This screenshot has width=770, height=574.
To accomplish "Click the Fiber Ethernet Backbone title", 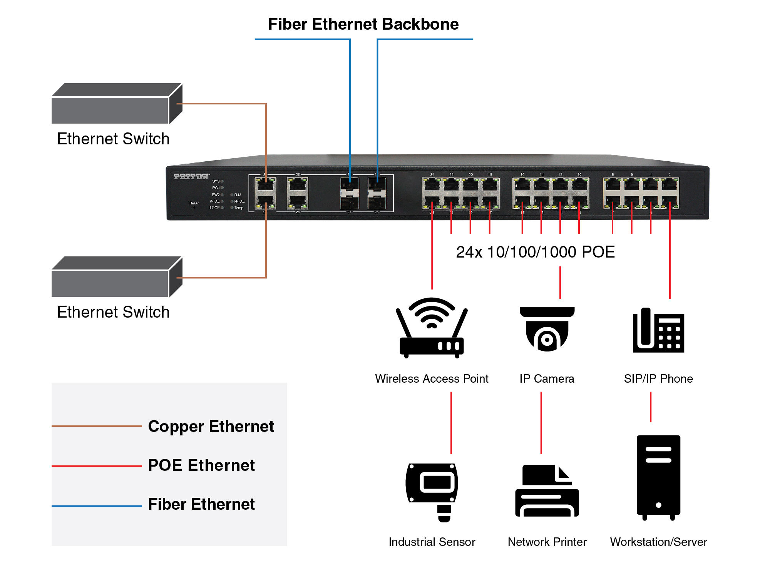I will point(363,24).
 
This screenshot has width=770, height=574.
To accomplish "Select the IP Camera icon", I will point(547,329).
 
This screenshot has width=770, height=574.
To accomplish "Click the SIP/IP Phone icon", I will point(658,330).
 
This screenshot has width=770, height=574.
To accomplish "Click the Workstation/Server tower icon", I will point(658,477).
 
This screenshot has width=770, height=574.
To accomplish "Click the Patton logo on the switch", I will point(191,176).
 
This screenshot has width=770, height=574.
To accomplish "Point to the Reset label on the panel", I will point(194,203).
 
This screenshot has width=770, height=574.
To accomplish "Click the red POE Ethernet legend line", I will point(97,466).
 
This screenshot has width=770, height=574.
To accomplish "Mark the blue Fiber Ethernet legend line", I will point(97,506).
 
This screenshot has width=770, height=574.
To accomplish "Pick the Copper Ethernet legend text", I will point(211,427).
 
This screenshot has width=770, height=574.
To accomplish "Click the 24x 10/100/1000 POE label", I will point(535,252).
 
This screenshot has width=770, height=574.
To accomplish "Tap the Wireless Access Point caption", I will point(432,379).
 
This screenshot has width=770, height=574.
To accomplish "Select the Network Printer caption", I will point(547,542).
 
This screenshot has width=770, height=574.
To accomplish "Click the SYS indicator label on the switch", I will point(216,181).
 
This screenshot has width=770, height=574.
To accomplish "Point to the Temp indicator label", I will point(239,208).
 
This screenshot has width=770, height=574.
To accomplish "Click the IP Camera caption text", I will point(547,379).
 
